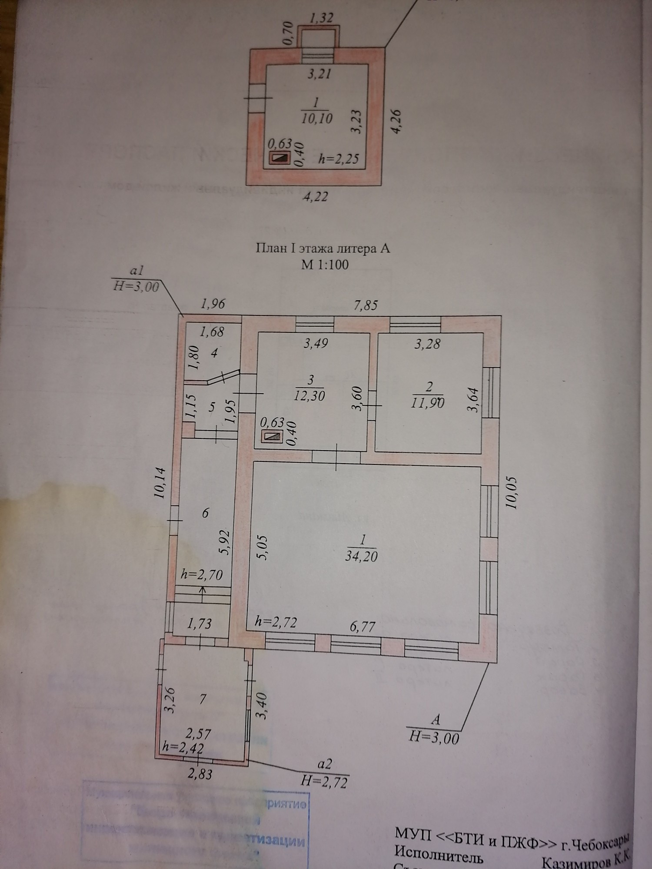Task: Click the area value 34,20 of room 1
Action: coord(361,557)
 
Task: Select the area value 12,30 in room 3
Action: coord(309,396)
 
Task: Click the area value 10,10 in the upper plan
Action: coord(316,118)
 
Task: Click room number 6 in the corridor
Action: coord(206,513)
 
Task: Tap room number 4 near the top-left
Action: coord(213,353)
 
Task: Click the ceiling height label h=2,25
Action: coord(339,159)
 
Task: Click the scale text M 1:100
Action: coord(325,265)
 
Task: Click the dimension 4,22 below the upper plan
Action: coord(315,197)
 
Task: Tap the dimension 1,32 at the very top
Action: coord(322,18)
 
